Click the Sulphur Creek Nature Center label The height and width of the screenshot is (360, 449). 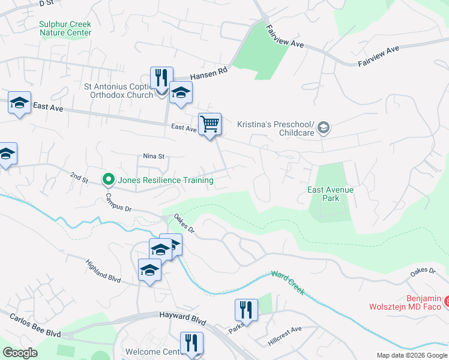65,28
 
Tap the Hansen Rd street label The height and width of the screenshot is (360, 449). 209,74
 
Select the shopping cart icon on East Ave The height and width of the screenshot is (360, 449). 209,125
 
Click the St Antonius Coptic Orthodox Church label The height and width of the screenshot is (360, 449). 119,91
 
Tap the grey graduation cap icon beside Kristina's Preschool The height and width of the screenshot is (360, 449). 324,127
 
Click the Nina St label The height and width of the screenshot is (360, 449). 154,156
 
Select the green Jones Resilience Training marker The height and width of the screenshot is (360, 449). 109,179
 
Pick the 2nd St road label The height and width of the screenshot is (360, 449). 79,178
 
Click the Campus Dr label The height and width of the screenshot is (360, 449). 118,203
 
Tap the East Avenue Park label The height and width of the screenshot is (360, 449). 330,194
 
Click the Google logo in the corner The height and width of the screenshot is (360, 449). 20,353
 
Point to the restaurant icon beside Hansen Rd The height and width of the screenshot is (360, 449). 161,79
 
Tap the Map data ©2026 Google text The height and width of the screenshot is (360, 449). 411,355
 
